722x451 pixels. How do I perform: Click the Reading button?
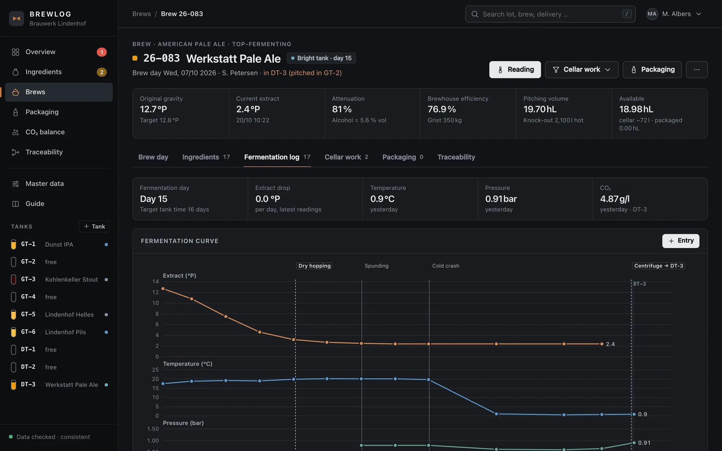[515, 70]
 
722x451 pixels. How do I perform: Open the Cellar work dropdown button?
[582, 70]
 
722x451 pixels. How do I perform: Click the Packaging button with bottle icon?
[652, 70]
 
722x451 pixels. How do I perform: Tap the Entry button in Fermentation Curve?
[680, 241]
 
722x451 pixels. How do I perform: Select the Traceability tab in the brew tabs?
[456, 157]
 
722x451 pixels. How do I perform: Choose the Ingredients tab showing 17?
[206, 157]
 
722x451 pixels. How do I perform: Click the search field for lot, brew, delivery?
[550, 14]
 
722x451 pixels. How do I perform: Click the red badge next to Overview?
[102, 52]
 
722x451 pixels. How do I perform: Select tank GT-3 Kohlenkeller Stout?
[60, 280]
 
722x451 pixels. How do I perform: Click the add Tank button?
[94, 226]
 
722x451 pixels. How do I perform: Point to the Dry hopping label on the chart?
[314, 266]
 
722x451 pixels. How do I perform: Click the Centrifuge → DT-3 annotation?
[658, 266]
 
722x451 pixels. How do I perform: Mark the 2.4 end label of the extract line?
[610, 344]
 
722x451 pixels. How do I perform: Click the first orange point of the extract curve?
[163, 289]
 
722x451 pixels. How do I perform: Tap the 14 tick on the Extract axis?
[156, 281]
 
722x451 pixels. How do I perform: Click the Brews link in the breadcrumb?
[142, 14]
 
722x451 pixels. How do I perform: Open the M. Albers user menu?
[674, 14]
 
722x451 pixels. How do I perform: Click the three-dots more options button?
[697, 70]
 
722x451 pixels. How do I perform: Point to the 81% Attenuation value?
[342, 109]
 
